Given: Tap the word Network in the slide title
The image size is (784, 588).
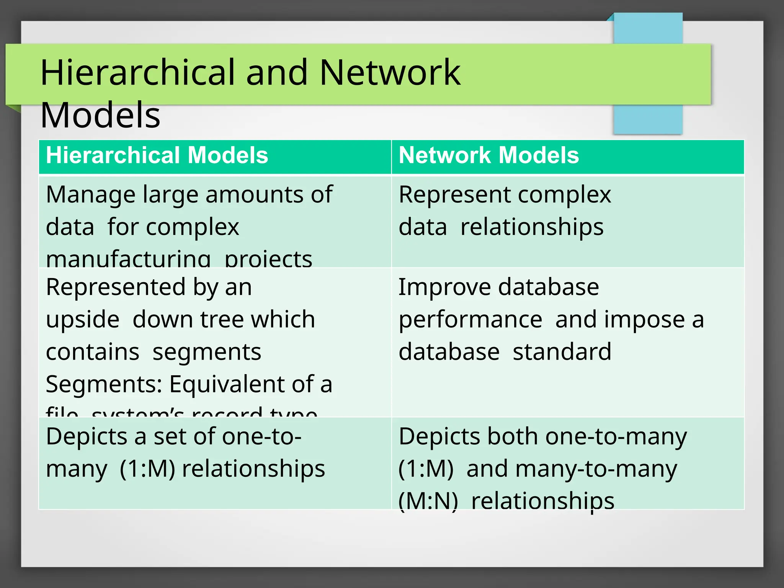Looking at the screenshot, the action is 390,72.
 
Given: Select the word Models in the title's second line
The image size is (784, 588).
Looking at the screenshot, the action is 100,115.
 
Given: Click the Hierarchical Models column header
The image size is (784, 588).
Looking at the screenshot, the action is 157,155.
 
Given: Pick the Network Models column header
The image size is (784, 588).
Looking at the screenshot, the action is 489,155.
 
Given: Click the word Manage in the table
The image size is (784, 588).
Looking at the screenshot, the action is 90,194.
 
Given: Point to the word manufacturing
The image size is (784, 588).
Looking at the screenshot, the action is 128,259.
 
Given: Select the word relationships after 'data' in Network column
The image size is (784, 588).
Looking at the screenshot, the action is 532,227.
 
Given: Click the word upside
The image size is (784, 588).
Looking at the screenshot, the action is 83,319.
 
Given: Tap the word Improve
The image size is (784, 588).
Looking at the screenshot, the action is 444,287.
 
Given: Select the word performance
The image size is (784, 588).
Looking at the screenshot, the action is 470,320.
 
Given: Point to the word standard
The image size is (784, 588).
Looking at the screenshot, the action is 562,352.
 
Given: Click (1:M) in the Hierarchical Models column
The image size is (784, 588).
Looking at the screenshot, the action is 147,469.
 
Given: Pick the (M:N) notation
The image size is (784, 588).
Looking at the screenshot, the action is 428,501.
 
